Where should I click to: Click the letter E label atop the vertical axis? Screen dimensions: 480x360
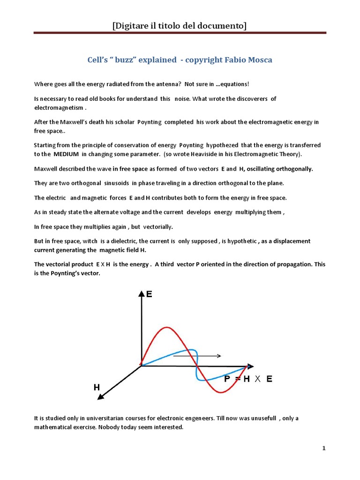pyautogui.click(x=149, y=294)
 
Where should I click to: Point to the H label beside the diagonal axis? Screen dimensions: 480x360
pyautogui.click(x=97, y=387)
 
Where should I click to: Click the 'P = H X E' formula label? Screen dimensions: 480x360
pyautogui.click(x=248, y=379)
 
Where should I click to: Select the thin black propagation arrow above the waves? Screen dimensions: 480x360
pyautogui.click(x=197, y=356)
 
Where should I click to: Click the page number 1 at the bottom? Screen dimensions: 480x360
pyautogui.click(x=323, y=448)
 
